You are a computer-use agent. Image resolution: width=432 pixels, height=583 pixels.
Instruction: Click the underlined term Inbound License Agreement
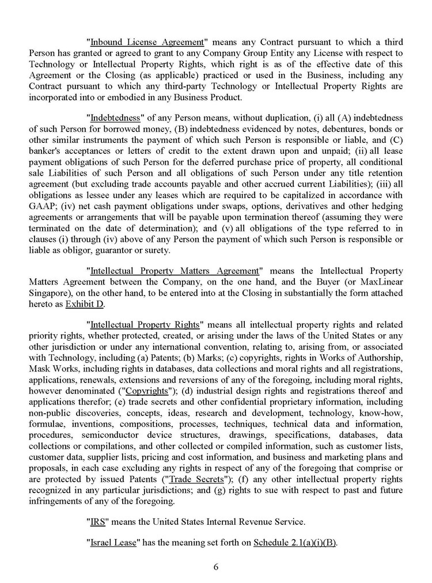147,42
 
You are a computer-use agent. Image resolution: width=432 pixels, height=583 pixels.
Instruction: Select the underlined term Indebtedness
115,118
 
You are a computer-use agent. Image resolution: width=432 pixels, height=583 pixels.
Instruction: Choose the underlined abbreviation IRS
97,523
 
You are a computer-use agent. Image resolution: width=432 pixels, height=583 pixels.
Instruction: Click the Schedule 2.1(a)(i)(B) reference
295,543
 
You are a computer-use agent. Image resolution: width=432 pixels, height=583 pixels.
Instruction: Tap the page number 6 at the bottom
216,566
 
